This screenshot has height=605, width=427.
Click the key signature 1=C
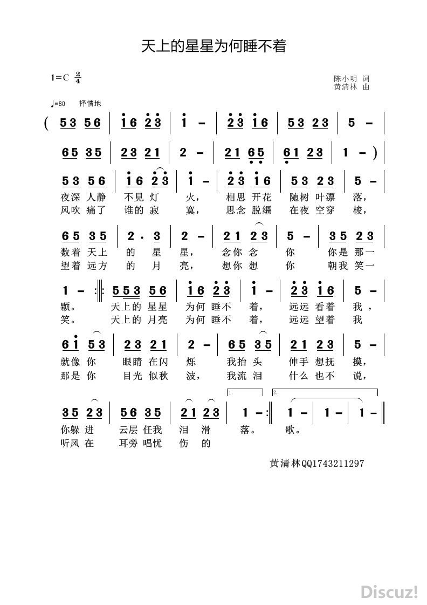[x=60, y=77]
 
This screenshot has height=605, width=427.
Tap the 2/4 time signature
[x=78, y=77]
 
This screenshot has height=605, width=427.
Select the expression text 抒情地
[x=90, y=104]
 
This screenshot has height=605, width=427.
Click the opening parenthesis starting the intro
[x=47, y=124]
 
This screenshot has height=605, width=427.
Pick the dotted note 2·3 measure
[x=145, y=236]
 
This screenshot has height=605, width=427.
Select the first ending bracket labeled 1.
[x=245, y=392]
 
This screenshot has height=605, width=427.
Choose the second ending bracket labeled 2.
[x=323, y=392]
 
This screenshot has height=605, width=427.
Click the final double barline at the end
[x=382, y=412]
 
